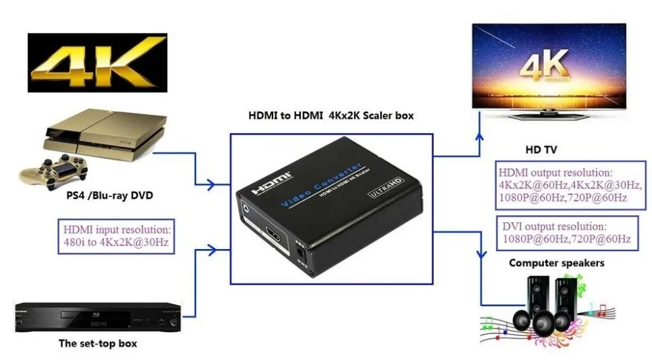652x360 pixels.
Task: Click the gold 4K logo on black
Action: [x=97, y=63]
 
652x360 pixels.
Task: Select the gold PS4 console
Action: [x=105, y=134]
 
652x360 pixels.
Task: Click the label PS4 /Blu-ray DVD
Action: [x=110, y=196]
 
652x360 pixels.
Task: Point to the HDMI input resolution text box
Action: [x=116, y=236]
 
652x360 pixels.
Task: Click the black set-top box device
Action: [x=98, y=317]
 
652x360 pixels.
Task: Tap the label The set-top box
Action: [x=98, y=344]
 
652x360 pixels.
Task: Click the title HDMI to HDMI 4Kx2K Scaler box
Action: [x=331, y=115]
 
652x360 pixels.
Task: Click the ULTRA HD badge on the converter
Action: [x=385, y=187]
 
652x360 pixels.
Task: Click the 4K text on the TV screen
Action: [x=544, y=65]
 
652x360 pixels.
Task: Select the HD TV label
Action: [x=541, y=149]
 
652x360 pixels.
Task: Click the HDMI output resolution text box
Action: [x=570, y=185]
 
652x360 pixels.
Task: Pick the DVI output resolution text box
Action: [x=567, y=233]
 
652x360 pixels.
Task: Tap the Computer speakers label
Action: [x=557, y=263]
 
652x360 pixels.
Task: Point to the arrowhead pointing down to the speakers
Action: [x=482, y=254]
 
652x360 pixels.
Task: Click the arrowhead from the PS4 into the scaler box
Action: [x=211, y=185]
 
